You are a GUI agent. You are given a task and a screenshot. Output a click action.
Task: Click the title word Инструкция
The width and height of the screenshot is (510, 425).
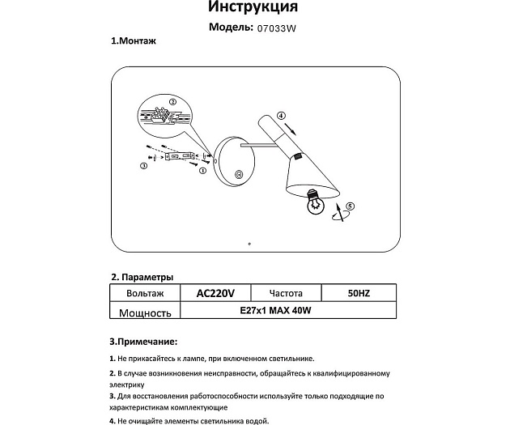point(253,8)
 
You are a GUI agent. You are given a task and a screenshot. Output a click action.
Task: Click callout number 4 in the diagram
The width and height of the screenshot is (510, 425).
point(281,115)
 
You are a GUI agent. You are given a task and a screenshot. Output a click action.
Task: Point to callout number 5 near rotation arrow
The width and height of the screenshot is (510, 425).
point(350,208)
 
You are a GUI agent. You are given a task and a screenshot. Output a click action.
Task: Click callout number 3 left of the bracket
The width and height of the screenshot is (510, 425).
point(143,166)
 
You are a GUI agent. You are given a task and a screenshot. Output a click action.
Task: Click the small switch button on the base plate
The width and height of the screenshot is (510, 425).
point(238,175)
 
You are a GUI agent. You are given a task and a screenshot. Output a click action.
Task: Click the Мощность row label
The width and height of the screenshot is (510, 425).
point(145,313)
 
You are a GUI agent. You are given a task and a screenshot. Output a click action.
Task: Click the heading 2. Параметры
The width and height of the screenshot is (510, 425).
point(142,276)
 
